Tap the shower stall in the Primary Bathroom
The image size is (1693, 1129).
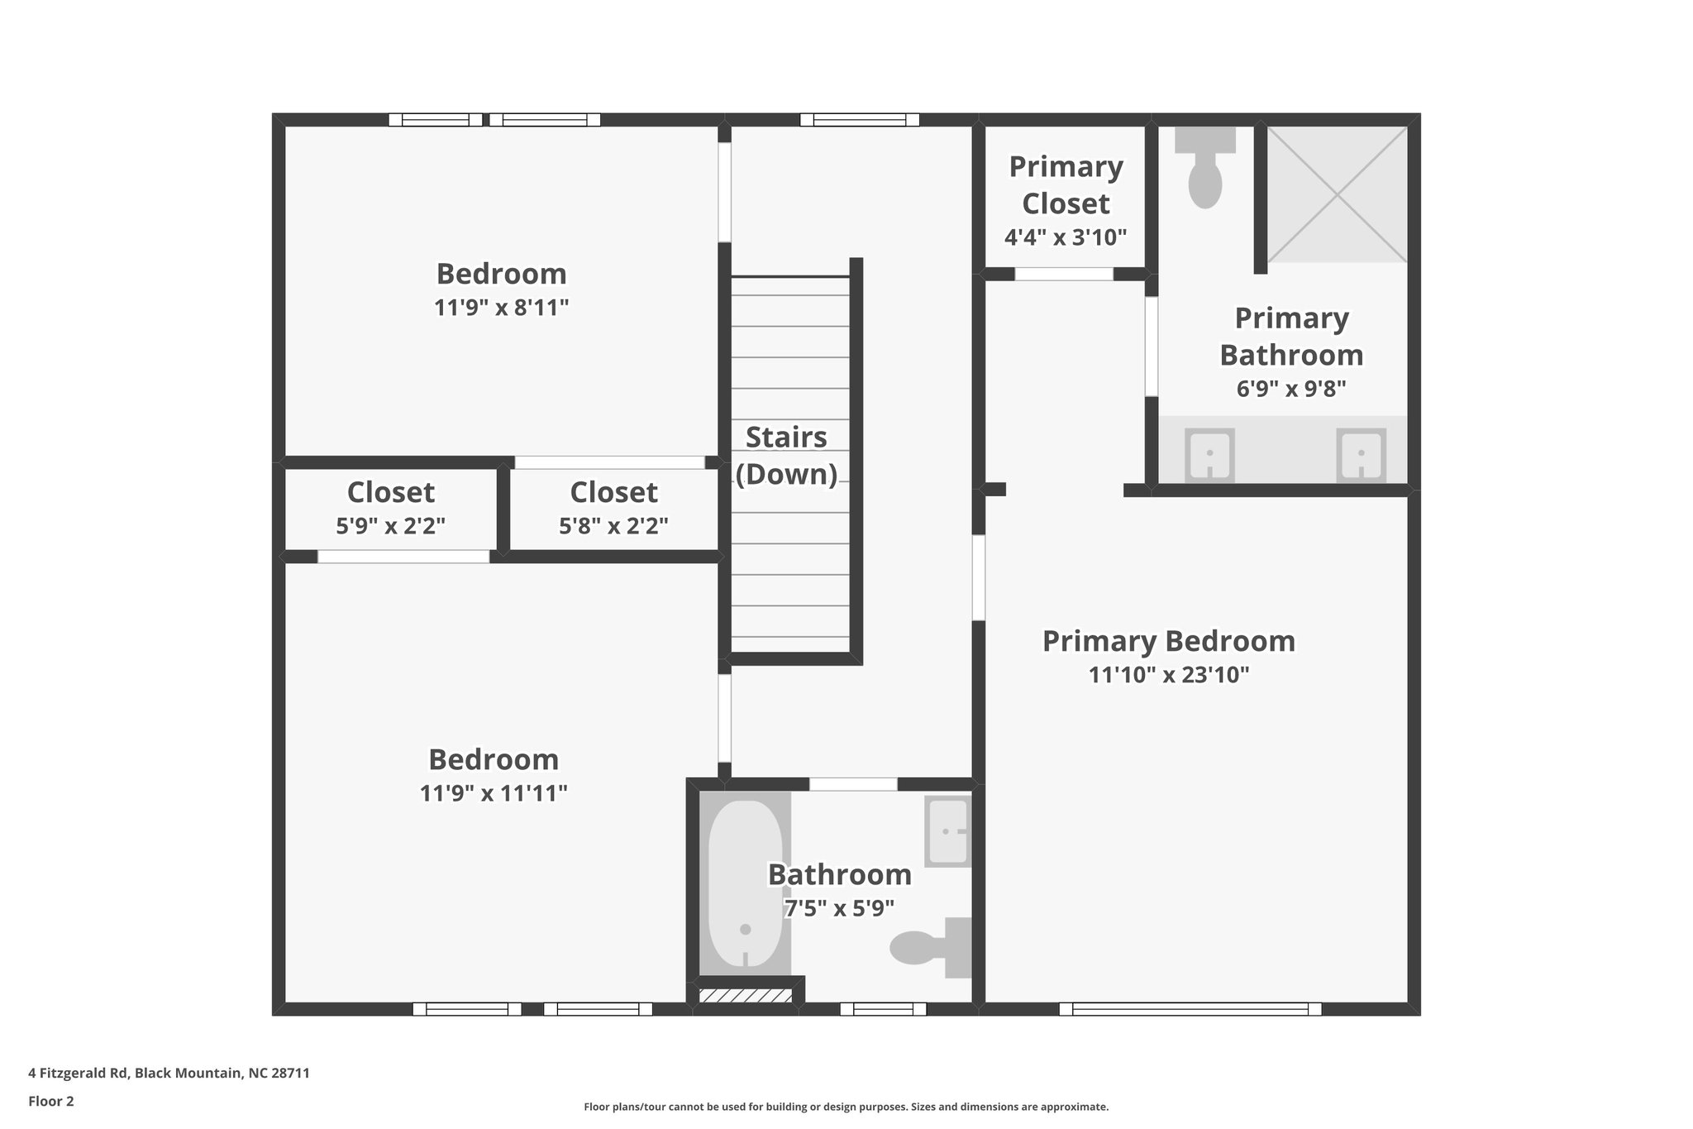point(1337,194)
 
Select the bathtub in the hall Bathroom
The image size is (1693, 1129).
point(745,883)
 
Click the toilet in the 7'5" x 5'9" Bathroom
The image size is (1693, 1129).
point(930,947)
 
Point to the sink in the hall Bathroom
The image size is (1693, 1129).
point(947,830)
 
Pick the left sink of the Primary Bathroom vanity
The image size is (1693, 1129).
point(1209,455)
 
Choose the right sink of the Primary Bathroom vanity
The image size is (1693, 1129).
point(1361,455)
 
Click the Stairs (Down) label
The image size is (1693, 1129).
point(786,455)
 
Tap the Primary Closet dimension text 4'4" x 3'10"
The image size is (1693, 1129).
point(1066,238)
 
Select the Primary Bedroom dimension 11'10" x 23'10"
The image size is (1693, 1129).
point(1168,675)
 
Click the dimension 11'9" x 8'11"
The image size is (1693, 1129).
point(501,308)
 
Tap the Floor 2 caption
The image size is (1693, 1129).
point(51,1101)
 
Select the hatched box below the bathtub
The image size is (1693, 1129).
point(745,995)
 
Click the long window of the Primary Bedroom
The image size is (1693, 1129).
point(1190,1008)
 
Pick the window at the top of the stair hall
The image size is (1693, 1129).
point(860,120)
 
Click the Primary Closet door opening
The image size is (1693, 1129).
point(1064,274)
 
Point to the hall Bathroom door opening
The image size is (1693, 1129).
point(853,784)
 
